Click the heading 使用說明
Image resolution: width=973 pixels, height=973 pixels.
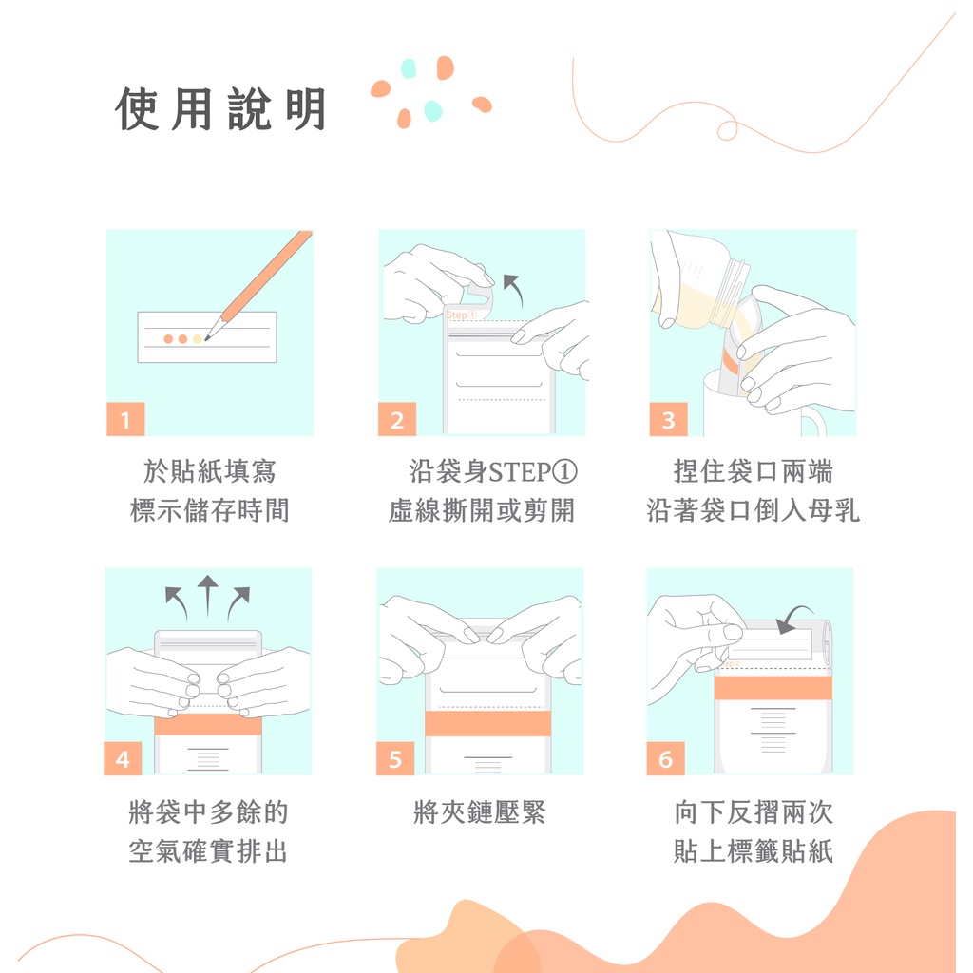(x=220, y=109)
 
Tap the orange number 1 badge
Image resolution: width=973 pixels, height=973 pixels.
(x=125, y=419)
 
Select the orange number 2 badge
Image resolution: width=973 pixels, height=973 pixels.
(x=397, y=419)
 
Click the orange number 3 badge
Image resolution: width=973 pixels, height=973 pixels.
(x=668, y=419)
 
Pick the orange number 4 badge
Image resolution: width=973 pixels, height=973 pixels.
(x=123, y=758)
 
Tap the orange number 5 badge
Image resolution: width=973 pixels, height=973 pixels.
(x=395, y=758)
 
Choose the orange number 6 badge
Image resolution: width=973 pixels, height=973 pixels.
(x=665, y=758)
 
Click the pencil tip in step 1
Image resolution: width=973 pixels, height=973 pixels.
(x=206, y=339)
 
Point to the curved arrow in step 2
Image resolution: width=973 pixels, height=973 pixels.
(x=514, y=288)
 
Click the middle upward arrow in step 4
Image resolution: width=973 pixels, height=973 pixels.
(x=208, y=595)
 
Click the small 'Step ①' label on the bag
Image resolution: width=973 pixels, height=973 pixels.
(x=461, y=315)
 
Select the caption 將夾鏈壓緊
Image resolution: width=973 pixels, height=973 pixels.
(x=479, y=811)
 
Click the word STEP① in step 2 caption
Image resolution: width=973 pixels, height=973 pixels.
(x=533, y=471)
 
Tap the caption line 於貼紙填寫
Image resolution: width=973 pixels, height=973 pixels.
(x=210, y=471)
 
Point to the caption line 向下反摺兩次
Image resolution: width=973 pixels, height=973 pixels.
(x=754, y=811)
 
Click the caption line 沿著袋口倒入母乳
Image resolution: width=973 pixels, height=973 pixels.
(x=753, y=510)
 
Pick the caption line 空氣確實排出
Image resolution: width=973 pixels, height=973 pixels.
(x=208, y=850)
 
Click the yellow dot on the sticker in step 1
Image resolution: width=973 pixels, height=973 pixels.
(x=198, y=339)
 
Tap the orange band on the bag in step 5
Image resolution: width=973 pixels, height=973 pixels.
(x=487, y=723)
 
